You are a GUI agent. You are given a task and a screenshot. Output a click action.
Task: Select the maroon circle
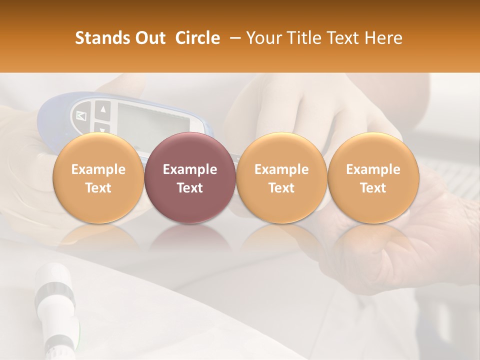click(190, 178)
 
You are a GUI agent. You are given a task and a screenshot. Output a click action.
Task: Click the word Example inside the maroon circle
click(190, 169)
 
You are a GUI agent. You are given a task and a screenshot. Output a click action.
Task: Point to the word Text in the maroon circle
click(190, 188)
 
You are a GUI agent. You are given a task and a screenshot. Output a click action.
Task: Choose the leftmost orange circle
click(98, 178)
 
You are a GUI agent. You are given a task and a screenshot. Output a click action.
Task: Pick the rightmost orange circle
click(373, 178)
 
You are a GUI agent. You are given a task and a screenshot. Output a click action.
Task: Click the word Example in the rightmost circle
click(373, 169)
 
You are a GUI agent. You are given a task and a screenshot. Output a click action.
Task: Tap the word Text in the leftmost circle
click(98, 188)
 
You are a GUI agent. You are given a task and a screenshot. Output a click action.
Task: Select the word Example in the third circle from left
click(281, 169)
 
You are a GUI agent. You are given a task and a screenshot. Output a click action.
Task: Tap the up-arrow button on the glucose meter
click(102, 108)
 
